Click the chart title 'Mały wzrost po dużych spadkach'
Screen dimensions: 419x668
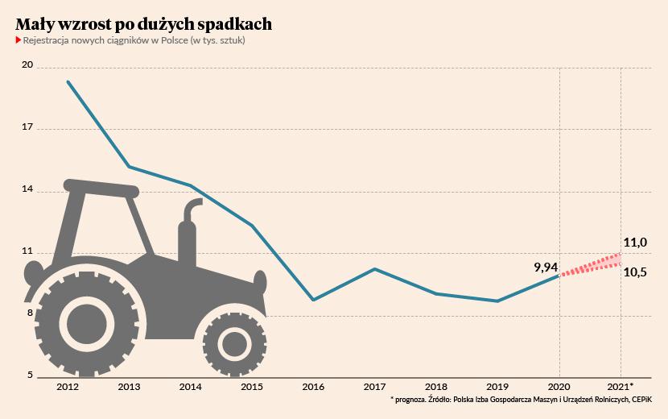pyautogui.click(x=143, y=24)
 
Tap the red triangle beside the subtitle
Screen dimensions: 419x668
pyautogui.click(x=18, y=40)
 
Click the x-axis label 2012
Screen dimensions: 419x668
pyautogui.click(x=68, y=388)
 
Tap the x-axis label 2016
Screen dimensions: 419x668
pyautogui.click(x=313, y=388)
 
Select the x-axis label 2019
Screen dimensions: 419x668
pyautogui.click(x=497, y=388)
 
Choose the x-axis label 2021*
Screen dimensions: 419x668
pyautogui.click(x=621, y=388)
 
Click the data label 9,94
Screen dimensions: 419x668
pyautogui.click(x=546, y=265)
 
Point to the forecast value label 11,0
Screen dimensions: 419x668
pyautogui.click(x=635, y=242)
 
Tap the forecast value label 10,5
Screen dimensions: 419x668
pyautogui.click(x=635, y=273)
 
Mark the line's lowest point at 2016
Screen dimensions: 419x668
pyautogui.click(x=313, y=300)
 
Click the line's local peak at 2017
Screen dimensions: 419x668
pyautogui.click(x=375, y=268)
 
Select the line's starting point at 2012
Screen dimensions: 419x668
pyautogui.click(x=68, y=81)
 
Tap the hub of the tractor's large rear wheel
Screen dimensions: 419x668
pyautogui.click(x=85, y=324)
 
